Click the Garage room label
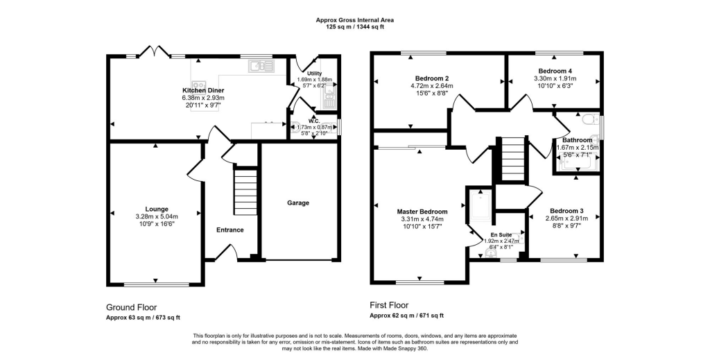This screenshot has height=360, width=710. tap(298, 203)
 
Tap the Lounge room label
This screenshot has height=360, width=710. tap(157, 209)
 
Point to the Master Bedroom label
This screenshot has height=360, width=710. tap(422, 212)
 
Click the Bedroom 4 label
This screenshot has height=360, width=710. tap(555, 71)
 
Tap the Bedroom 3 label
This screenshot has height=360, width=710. tap(566, 211)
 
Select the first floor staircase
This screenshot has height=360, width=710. tap(513, 159)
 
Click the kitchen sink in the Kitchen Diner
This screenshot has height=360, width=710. tap(261, 66)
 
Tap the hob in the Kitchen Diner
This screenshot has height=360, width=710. tap(198, 85)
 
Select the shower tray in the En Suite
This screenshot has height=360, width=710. tap(479, 207)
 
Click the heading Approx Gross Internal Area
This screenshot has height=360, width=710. tap(354, 20)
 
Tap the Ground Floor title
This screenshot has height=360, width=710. tap(131, 307)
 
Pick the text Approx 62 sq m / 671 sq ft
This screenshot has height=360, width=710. tap(406, 316)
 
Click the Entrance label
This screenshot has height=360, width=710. tap(230, 230)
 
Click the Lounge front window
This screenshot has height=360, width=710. tap(157, 285)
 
